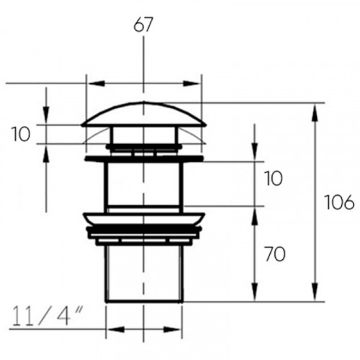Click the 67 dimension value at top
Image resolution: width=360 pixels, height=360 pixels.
[x=143, y=25]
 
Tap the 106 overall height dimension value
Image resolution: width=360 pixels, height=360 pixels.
[x=339, y=202]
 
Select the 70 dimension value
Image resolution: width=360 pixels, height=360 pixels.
[x=275, y=254]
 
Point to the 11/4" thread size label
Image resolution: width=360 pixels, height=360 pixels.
[x=48, y=316]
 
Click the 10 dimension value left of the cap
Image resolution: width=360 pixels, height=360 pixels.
[x=21, y=135]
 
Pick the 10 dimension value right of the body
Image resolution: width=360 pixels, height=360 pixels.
[x=274, y=179]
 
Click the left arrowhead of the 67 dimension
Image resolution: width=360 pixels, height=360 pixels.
[x=96, y=84]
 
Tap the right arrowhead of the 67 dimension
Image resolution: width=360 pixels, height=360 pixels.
[x=192, y=84]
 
